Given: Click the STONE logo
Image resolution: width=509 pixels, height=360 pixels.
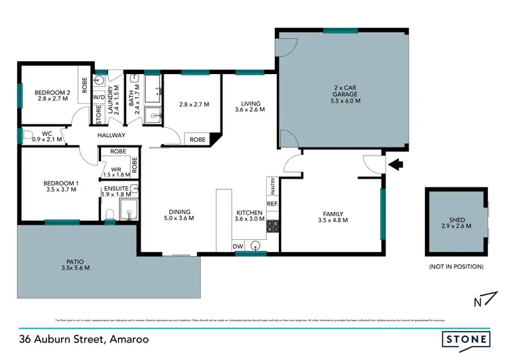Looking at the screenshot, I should tap(467, 338).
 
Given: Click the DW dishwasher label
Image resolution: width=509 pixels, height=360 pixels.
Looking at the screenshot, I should tap(238, 246).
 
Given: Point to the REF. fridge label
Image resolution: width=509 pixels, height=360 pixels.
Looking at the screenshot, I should tap(272, 202).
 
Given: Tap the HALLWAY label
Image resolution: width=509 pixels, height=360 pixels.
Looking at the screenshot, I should tap(111, 135).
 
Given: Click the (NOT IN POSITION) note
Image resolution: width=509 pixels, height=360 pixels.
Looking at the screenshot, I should tap(455, 267).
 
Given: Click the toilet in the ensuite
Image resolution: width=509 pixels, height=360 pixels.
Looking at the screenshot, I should tap(109, 215).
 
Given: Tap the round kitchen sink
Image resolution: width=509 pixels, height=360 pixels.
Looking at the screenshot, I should tap(256, 245).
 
